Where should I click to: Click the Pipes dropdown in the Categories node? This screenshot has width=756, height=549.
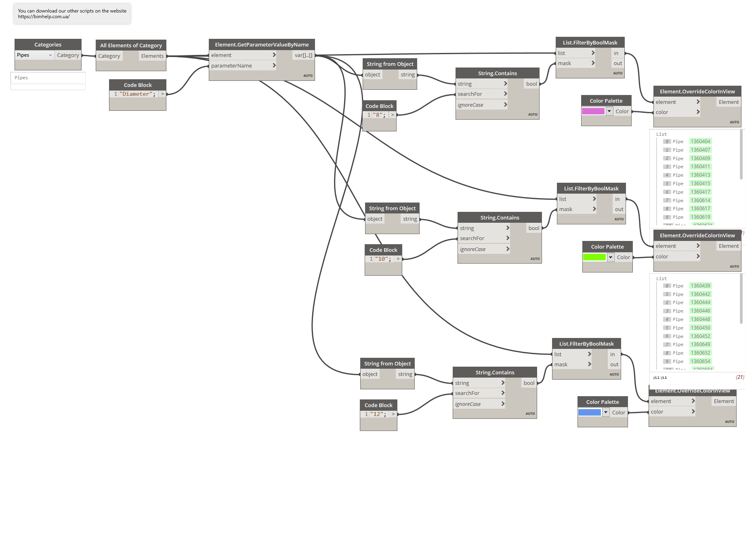(x=34, y=55)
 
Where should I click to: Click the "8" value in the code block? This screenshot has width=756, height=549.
(x=378, y=115)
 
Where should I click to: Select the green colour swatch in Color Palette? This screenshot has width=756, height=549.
(x=594, y=257)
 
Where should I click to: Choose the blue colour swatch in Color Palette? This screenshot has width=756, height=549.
(x=589, y=412)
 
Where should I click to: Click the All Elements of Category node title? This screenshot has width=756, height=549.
(x=131, y=45)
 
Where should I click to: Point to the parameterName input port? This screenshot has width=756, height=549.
(x=231, y=65)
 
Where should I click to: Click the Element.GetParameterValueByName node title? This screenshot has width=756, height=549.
(x=262, y=44)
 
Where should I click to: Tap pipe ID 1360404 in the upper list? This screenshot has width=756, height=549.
(x=700, y=141)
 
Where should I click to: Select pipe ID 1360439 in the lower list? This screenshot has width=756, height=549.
(x=700, y=286)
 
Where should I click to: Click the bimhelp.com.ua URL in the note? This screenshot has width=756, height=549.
(x=44, y=17)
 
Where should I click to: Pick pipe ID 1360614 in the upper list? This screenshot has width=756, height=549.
(x=700, y=201)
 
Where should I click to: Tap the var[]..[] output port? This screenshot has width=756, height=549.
(x=303, y=55)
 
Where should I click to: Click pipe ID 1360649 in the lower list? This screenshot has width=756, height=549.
(x=700, y=344)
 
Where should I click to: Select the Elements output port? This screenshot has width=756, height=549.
(x=152, y=56)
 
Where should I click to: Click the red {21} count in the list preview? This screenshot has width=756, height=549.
(x=739, y=377)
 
